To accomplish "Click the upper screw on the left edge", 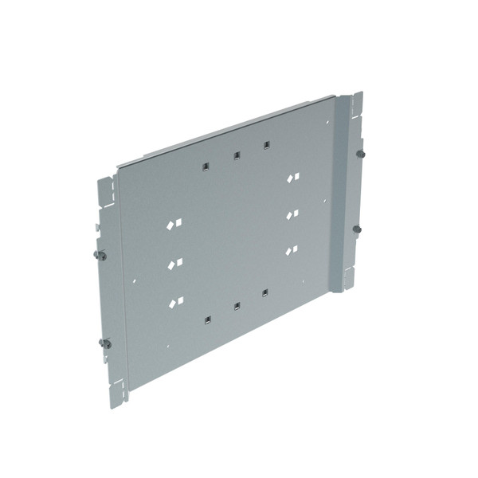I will click(100, 255).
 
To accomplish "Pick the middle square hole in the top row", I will click(236, 155).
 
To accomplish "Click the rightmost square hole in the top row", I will click(266, 145).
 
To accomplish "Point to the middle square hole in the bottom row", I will click(236, 305).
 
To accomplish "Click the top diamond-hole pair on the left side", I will click(174, 225).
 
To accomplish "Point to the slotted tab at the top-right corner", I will click(356, 104).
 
